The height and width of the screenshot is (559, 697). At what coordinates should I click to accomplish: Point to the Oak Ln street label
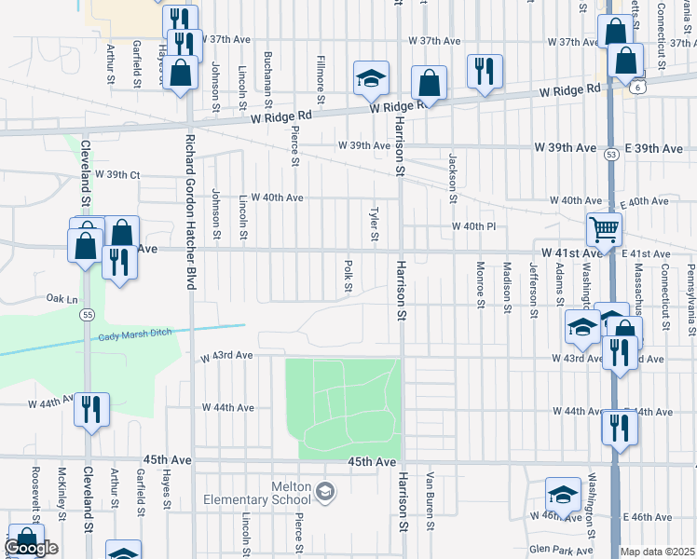coord(61,299)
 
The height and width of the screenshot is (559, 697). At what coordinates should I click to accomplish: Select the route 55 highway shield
coord(87,316)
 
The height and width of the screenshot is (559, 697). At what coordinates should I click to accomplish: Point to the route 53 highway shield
coord(611,152)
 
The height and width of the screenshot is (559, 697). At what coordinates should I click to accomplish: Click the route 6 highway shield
coord(634,87)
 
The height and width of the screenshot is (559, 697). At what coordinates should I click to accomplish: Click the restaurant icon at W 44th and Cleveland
coord(91,410)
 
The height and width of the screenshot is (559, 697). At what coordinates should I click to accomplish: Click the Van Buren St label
coord(430,499)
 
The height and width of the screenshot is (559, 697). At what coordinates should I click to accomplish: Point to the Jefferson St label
coord(534,289)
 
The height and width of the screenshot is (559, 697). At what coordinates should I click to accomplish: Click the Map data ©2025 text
coord(657,552)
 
